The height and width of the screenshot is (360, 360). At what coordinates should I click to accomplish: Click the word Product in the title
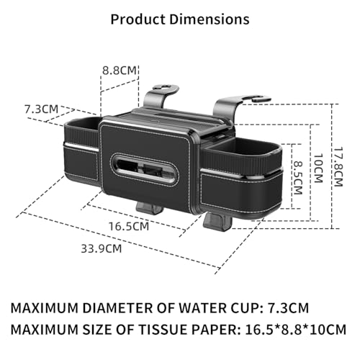tap(138, 19)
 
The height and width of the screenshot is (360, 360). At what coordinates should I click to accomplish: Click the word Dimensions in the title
tap(210, 19)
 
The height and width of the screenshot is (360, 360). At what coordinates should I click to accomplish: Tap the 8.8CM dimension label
tap(120, 71)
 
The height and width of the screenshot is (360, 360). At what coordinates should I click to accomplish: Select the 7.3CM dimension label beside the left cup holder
tap(41, 109)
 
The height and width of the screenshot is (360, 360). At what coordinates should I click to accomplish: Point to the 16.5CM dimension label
tap(129, 226)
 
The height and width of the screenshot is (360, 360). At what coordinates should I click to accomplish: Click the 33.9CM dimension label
tap(102, 248)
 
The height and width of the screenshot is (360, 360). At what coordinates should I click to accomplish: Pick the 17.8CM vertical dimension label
tap(338, 167)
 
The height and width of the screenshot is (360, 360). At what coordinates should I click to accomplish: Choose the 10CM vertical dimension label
tap(318, 168)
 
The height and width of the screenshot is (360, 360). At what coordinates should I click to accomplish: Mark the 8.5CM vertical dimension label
tap(298, 177)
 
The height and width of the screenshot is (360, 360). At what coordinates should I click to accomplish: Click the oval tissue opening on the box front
tap(145, 168)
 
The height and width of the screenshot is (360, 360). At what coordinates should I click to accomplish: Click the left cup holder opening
tap(83, 123)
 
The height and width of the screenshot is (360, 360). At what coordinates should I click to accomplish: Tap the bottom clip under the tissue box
tap(149, 208)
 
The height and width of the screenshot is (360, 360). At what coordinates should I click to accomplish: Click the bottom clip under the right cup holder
tap(217, 222)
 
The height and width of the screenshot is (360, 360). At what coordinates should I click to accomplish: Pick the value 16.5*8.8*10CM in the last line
tap(296, 330)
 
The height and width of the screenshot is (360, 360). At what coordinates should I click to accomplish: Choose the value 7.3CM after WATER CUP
tap(288, 308)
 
